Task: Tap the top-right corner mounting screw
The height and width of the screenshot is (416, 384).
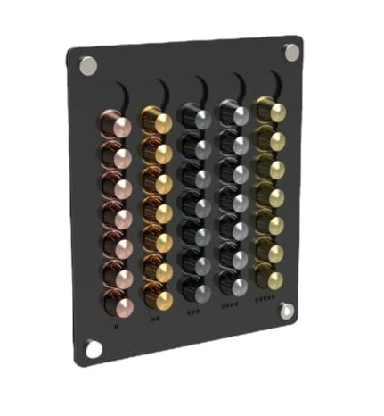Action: (292, 53)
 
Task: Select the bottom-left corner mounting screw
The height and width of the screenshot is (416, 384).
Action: (94, 349)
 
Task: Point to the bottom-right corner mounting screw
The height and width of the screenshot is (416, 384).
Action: (286, 312)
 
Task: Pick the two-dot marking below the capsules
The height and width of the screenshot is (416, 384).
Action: (156, 318)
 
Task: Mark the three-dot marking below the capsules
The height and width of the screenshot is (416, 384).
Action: (194, 312)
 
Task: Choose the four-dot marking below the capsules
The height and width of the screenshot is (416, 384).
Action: (231, 306)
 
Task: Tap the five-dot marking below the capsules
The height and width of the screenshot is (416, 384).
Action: (266, 301)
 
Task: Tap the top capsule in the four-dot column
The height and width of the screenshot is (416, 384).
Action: (233, 114)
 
